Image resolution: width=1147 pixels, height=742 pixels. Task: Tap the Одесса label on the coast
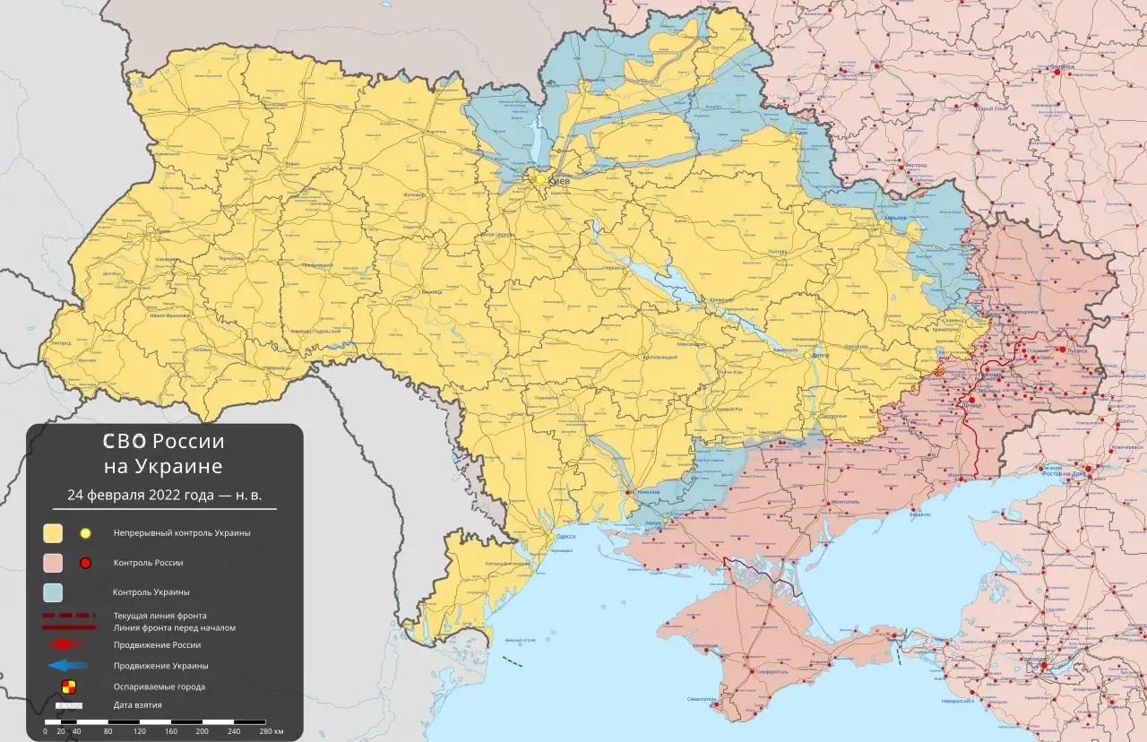[565, 535]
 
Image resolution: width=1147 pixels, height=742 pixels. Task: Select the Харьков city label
[895, 217]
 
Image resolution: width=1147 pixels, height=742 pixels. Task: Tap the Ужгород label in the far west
[61, 343]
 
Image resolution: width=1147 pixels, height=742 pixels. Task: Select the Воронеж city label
[1063, 67]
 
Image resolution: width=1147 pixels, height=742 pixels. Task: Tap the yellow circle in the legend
[86, 533]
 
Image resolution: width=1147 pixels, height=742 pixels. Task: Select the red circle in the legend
[86, 563]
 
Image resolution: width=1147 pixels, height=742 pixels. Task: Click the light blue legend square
[54, 592]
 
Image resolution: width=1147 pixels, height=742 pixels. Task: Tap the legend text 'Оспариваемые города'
[159, 686]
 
